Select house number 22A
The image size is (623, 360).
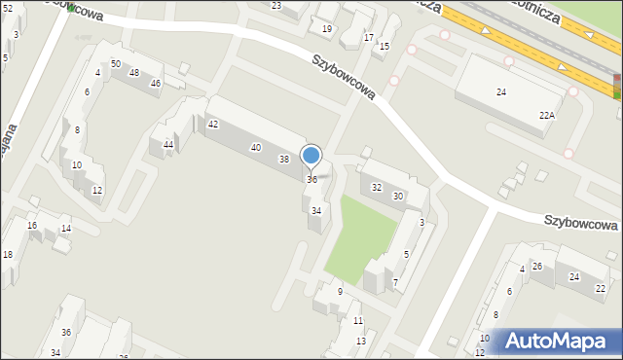click(x=547, y=115)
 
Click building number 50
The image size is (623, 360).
click(x=116, y=63)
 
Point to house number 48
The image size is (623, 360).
click(x=134, y=73)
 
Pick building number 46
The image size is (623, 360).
click(x=155, y=84)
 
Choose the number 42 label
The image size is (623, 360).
click(x=212, y=125)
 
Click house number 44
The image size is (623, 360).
click(x=168, y=145)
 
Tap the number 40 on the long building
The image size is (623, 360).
click(x=255, y=148)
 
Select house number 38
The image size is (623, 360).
click(x=284, y=159)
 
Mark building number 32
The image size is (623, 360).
click(x=377, y=187)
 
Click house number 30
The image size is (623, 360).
click(x=398, y=197)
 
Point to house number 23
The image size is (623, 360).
click(x=276, y=6)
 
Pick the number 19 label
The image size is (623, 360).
click(x=327, y=29)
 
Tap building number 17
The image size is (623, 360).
click(x=368, y=37)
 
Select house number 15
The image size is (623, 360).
click(x=384, y=47)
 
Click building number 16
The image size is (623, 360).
click(x=32, y=226)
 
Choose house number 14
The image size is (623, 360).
click(x=66, y=229)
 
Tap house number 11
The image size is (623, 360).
click(x=358, y=321)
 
